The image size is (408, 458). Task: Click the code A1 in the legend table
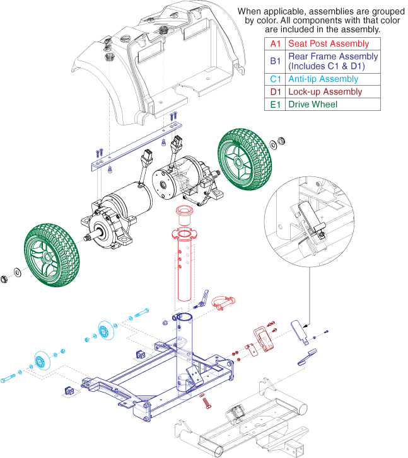(275, 44)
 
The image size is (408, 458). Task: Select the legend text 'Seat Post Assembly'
(329, 43)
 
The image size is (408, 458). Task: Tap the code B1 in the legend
(275, 61)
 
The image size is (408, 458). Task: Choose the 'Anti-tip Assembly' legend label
(323, 79)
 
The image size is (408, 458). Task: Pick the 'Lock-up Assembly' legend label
(325, 92)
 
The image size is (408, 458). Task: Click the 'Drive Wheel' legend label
(313, 105)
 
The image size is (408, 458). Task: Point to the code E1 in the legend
(275, 105)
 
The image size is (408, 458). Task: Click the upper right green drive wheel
(245, 159)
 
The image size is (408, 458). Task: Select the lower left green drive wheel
(52, 255)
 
